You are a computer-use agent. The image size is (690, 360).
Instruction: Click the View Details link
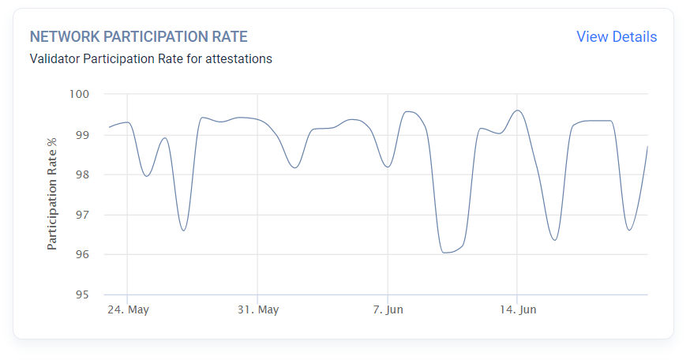point(616,37)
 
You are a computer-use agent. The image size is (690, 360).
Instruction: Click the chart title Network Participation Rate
point(138,37)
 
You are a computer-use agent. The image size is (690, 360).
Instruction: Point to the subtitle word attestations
point(238,59)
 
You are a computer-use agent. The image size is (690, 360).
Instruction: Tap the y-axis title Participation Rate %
point(53,193)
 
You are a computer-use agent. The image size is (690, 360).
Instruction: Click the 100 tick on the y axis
point(79,95)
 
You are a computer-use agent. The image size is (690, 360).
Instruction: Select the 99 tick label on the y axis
point(82,135)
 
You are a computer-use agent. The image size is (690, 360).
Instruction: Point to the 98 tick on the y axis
point(82,175)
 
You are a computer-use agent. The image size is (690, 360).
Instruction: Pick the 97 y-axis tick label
point(82,215)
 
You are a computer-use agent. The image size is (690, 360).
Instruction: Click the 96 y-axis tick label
point(82,255)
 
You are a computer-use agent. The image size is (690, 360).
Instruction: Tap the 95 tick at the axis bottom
point(82,295)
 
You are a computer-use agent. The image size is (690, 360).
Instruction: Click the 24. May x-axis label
point(128,309)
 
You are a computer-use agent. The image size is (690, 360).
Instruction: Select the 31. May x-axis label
point(257,309)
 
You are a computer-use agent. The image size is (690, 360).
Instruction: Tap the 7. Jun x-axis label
point(387,309)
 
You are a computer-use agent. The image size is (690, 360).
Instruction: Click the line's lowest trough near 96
point(447,253)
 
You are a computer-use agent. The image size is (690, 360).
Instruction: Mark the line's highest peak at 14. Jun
point(517,111)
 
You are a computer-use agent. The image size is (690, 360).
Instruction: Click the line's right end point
point(647,146)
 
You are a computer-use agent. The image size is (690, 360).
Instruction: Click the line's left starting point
point(109,127)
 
